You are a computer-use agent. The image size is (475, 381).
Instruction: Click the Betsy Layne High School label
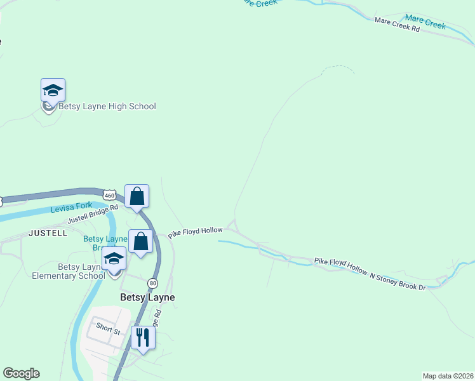click(x=107, y=106)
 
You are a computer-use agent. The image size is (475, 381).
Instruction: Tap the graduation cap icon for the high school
click(x=53, y=90)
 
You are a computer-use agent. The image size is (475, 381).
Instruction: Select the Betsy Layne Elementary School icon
click(x=114, y=258)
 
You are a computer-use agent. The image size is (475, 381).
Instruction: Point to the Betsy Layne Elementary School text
click(x=69, y=271)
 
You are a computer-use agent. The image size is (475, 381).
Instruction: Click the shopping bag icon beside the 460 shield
click(x=137, y=196)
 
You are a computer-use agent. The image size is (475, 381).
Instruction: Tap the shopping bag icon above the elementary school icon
click(x=140, y=241)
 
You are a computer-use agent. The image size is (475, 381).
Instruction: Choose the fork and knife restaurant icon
click(x=143, y=337)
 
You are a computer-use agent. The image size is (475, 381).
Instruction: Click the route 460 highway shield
click(x=109, y=196)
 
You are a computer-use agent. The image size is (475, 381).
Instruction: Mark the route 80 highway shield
click(x=153, y=283)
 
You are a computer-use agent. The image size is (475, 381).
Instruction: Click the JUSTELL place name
click(x=48, y=233)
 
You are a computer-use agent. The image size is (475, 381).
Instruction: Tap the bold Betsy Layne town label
click(x=147, y=297)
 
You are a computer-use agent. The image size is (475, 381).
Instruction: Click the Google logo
click(x=21, y=373)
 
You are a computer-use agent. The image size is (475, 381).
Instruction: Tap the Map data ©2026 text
click(x=447, y=375)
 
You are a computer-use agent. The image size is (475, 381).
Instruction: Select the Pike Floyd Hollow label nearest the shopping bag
click(x=195, y=232)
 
